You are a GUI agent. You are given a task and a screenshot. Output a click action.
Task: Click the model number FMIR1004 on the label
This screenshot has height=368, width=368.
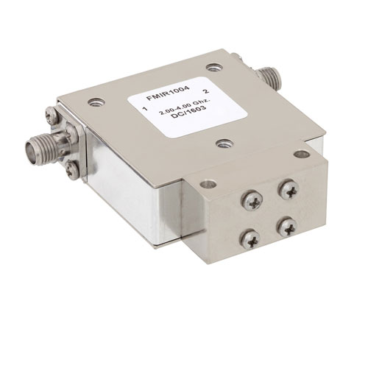pos(168,93)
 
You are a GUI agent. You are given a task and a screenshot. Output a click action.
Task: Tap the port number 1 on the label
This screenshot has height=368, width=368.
pos(146,109)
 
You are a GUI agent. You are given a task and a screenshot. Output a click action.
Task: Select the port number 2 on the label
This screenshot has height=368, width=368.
pos(206,91)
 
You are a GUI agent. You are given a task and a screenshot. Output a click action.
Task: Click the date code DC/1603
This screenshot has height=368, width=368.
pos(188,113)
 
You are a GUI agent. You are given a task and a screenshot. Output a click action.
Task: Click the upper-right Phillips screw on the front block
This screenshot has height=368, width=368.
pos(289,189)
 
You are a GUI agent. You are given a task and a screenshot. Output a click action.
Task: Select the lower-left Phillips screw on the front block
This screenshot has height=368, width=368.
pos(250,239)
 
